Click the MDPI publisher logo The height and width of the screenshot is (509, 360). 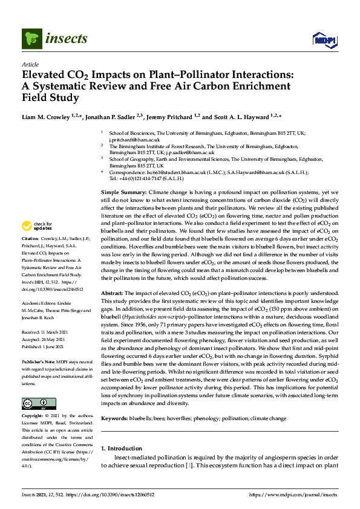click(324, 41)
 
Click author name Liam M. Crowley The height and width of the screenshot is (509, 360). click(48, 117)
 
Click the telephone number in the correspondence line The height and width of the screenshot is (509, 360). click(141, 179)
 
